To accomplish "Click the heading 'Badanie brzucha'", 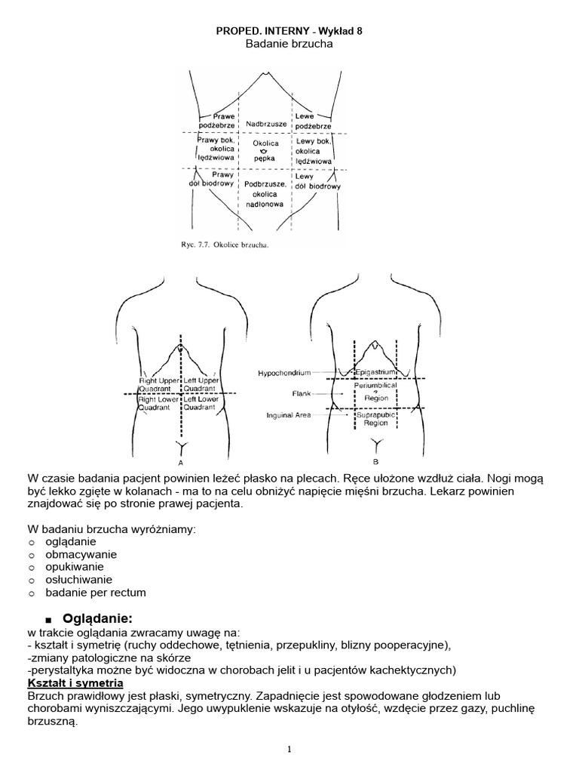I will [x=289, y=45].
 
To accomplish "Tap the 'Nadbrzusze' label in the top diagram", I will [x=262, y=123].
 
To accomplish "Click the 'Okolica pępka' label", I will [x=265, y=150].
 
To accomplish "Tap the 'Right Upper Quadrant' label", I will [x=158, y=385].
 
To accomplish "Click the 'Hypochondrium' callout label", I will [x=283, y=373].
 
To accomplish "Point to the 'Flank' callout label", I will [x=301, y=393].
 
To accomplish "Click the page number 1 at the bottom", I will [x=289, y=749].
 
